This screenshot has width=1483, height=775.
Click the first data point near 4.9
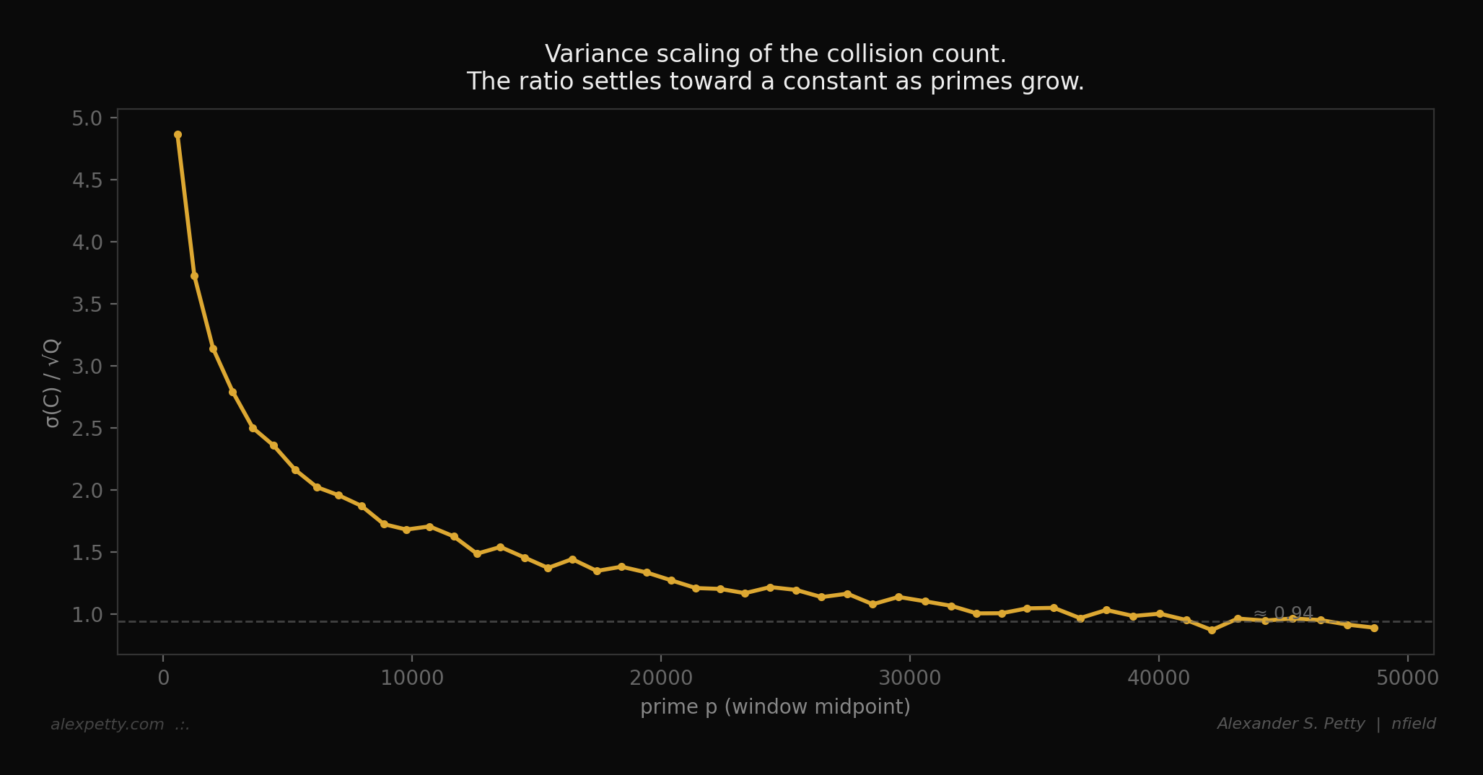pyautogui.click(x=178, y=135)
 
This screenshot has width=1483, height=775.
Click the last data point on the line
pyautogui.click(x=1374, y=628)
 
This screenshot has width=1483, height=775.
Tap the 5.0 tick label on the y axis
pyautogui.click(x=87, y=118)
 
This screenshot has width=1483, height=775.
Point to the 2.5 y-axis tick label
pyautogui.click(x=87, y=428)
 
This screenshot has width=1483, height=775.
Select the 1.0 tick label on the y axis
pyautogui.click(x=87, y=614)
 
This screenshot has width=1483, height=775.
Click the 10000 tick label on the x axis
pyautogui.click(x=411, y=679)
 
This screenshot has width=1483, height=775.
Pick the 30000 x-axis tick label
pyautogui.click(x=909, y=679)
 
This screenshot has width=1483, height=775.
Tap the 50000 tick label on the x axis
pyautogui.click(x=1407, y=679)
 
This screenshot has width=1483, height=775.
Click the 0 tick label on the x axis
pyautogui.click(x=163, y=679)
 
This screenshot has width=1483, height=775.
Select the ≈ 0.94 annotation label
pyautogui.click(x=1283, y=613)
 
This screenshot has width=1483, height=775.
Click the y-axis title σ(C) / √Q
pyautogui.click(x=53, y=382)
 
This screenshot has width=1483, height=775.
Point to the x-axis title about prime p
pyautogui.click(x=775, y=707)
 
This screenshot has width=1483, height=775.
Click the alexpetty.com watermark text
pyautogui.click(x=108, y=724)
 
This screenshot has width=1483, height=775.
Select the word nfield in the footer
pyautogui.click(x=1413, y=724)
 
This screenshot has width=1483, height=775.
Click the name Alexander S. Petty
pyautogui.click(x=1290, y=724)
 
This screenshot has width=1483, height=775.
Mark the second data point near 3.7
pyautogui.click(x=194, y=276)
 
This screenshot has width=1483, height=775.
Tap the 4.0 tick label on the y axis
pyautogui.click(x=87, y=242)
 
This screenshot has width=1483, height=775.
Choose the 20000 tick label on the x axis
pyautogui.click(x=660, y=679)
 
